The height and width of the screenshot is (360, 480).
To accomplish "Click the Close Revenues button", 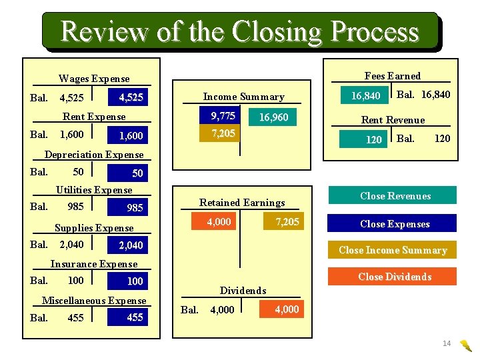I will point(395,196).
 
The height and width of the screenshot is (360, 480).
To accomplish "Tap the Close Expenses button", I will point(395,224).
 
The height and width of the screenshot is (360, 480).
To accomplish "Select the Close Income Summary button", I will point(393,250).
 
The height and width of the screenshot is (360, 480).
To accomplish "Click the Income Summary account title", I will point(243,97).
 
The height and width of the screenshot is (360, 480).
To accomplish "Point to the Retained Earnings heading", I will point(242,203).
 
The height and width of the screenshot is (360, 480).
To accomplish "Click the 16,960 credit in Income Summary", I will point(273,117).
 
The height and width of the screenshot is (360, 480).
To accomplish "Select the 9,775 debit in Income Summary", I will point(223,116).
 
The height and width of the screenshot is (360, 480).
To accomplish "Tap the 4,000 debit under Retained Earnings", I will point(219,221).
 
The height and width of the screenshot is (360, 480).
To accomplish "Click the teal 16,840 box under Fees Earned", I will point(365,96).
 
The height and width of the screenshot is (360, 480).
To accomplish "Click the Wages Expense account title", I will point(94,79).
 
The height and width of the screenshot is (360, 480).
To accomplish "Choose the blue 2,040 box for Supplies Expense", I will point(130,245).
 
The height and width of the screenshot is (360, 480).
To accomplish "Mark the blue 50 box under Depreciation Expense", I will point(130,173).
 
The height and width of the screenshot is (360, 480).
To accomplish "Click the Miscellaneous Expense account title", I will point(94,301).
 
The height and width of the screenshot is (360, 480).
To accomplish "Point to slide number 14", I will point(447,343).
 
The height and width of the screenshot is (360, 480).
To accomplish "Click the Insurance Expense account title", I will point(94,264).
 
